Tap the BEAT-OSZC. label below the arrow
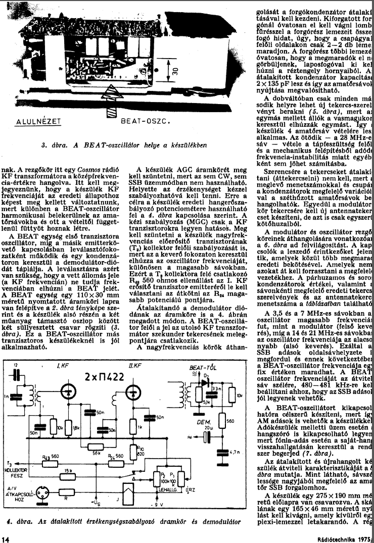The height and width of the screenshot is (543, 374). click(x=145, y=122)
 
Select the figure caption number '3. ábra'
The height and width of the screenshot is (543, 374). click(x=54, y=144)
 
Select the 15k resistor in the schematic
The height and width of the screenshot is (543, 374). click(x=67, y=471)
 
